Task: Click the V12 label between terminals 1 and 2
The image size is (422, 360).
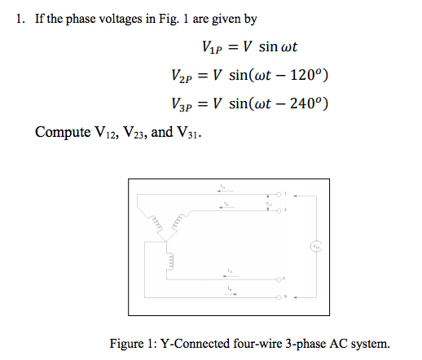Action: tap(258, 203)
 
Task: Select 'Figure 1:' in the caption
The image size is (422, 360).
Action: tap(131, 343)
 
